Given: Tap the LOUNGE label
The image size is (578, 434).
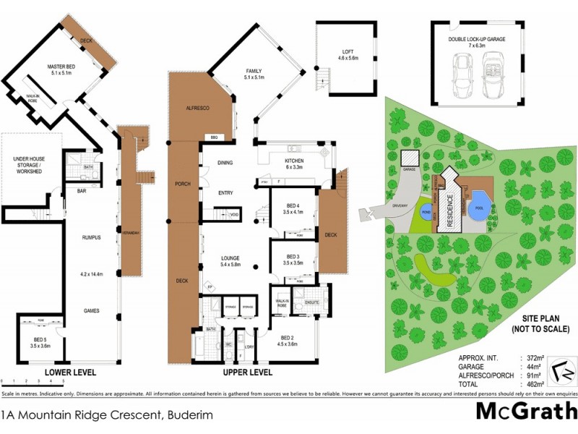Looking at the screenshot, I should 230,258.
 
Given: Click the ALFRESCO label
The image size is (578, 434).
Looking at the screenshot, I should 198,108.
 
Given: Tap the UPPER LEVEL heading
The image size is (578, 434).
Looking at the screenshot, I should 247,373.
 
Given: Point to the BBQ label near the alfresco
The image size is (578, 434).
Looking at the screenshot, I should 214,137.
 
